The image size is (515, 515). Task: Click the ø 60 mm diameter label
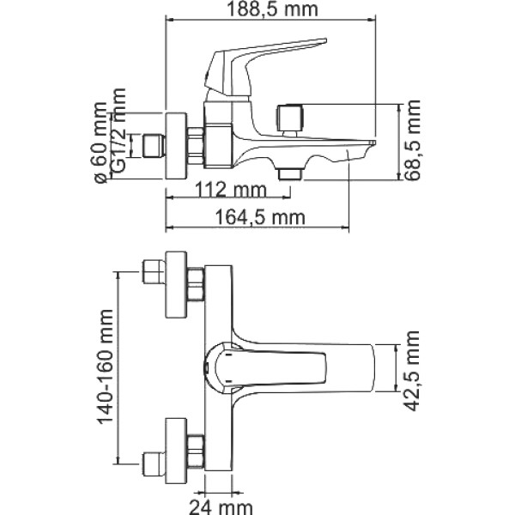[x=100, y=142]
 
